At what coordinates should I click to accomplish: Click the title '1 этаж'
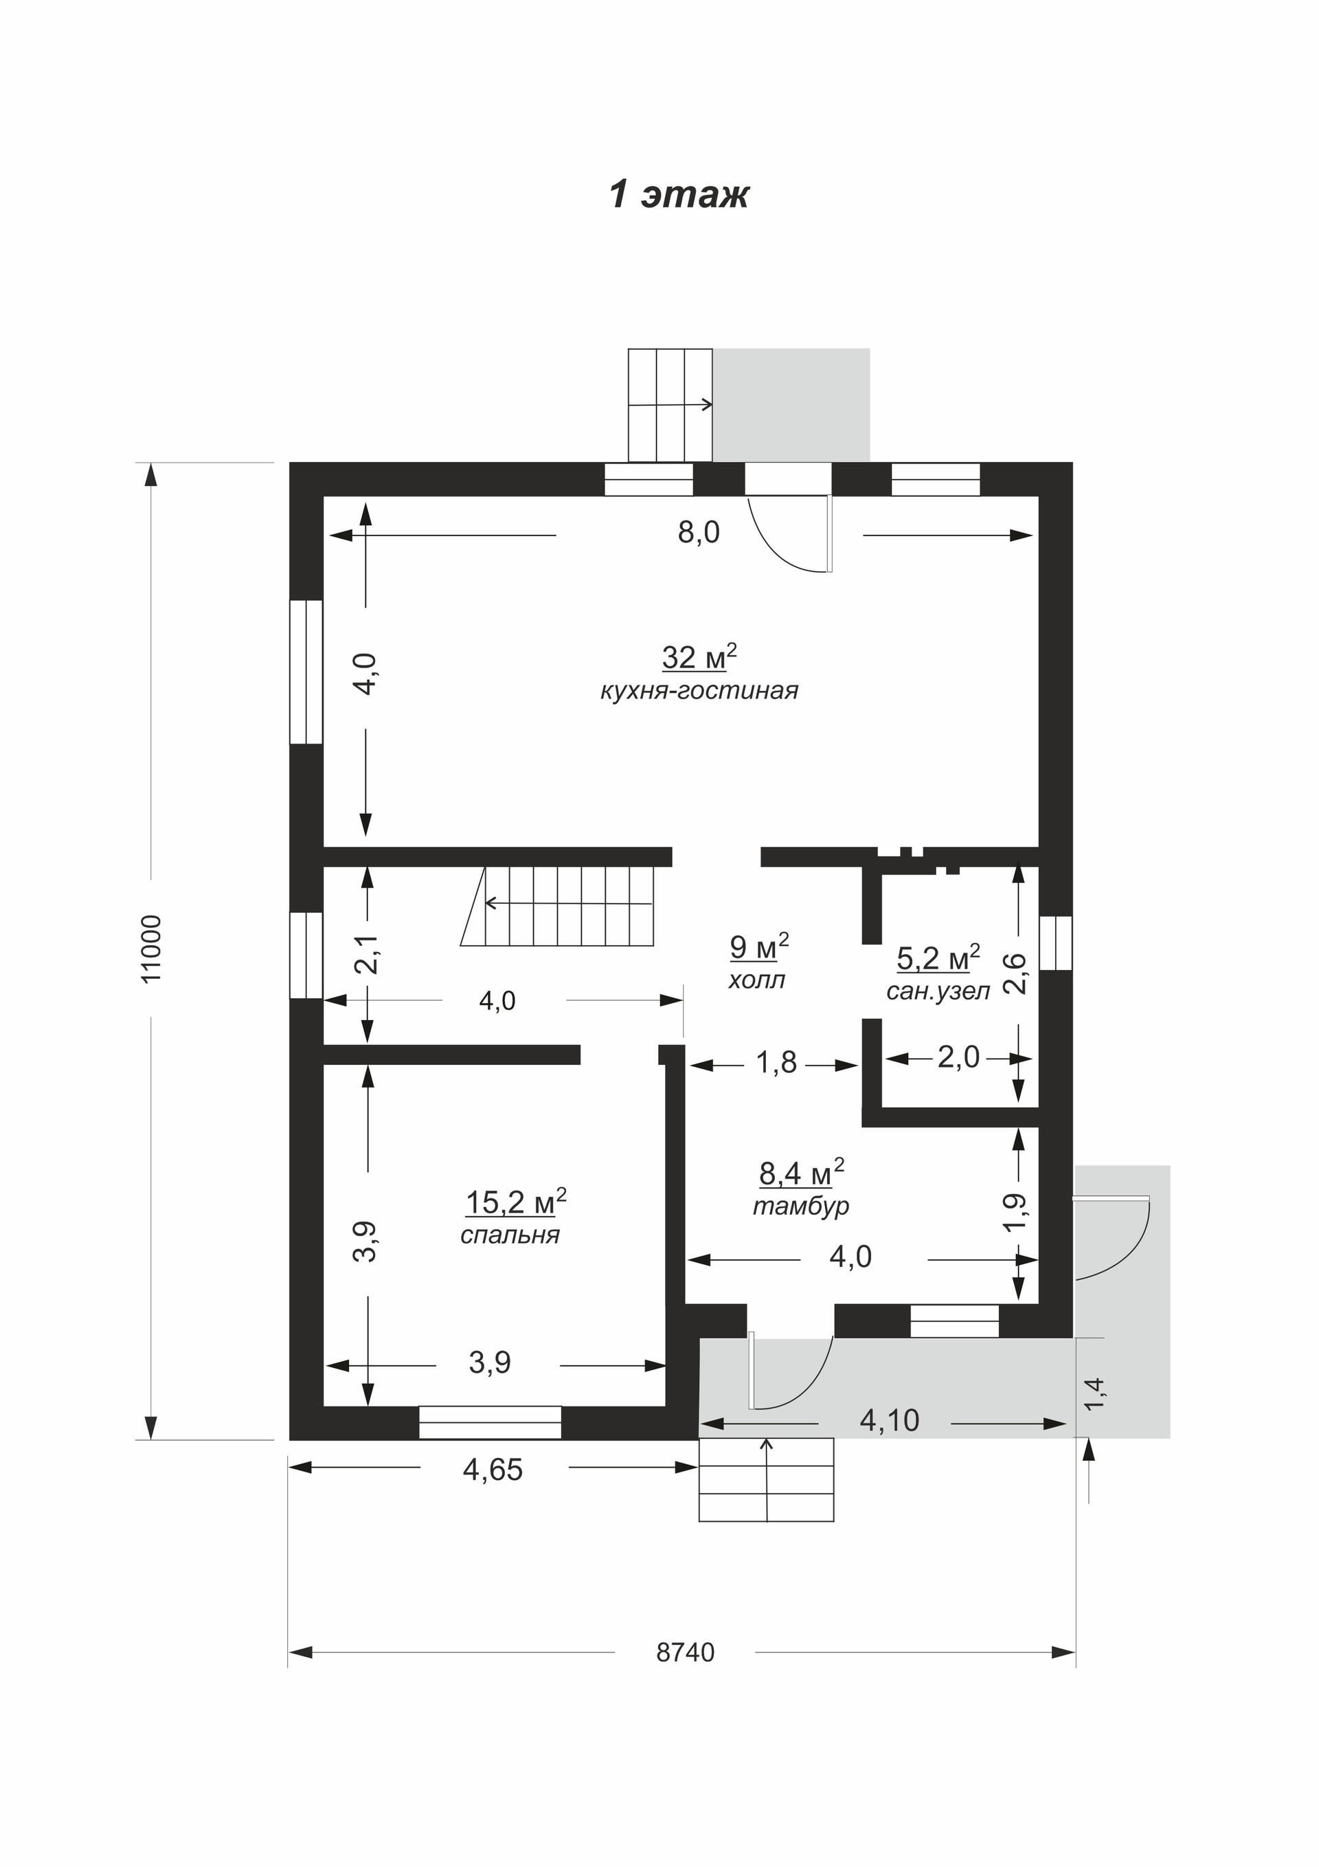coord(679,195)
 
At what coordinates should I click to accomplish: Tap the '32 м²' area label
coord(699,656)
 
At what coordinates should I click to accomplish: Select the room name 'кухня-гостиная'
coord(699,691)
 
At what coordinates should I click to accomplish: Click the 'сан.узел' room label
coord(938,991)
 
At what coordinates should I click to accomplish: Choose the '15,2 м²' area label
coord(516,1201)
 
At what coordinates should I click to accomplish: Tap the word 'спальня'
coord(510,1235)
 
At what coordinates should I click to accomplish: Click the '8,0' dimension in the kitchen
coord(699,533)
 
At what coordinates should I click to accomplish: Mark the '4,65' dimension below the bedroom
coord(493,1470)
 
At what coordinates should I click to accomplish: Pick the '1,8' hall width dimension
coord(777,1063)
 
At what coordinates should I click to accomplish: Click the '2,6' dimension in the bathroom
coord(1017,973)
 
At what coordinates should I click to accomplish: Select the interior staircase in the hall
coord(558,906)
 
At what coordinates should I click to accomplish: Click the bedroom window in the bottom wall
coord(490,1423)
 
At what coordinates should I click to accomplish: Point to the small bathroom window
coord(1056,943)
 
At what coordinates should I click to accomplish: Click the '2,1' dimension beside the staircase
coord(370,953)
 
